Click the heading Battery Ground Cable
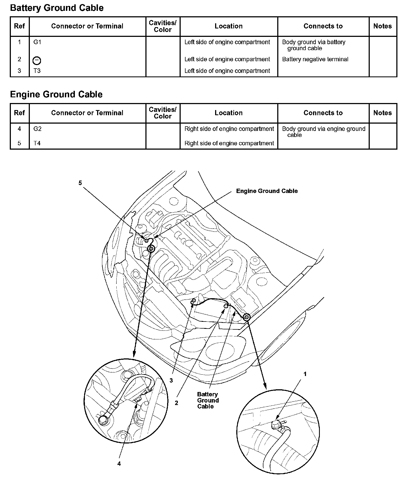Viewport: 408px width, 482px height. pyautogui.click(x=57, y=8)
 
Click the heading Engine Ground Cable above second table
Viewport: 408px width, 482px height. pyautogui.click(x=56, y=94)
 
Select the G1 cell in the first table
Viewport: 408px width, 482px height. pyautogui.click(x=37, y=42)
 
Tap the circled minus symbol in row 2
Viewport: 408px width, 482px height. pyautogui.click(x=37, y=60)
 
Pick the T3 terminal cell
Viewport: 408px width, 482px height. pyautogui.click(x=37, y=71)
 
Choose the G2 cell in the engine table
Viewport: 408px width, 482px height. pyautogui.click(x=37, y=129)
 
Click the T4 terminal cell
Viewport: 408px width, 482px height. pyautogui.click(x=37, y=143)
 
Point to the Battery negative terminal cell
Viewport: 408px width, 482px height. pyautogui.click(x=315, y=59)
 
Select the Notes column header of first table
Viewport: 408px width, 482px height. pyautogui.click(x=382, y=26)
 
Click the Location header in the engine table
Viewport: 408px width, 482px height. pyautogui.click(x=229, y=113)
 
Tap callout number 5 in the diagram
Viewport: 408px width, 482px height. pyautogui.click(x=80, y=183)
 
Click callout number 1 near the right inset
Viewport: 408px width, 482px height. pyautogui.click(x=305, y=374)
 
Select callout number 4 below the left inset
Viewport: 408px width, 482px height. pyautogui.click(x=119, y=464)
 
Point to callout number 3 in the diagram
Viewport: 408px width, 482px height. pyautogui.click(x=171, y=381)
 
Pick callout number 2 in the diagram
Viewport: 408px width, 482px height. pyautogui.click(x=176, y=403)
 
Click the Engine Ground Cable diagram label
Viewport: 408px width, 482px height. pyautogui.click(x=267, y=191)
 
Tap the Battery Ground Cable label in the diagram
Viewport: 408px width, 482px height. pyautogui.click(x=208, y=400)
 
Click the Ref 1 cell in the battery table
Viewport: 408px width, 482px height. pyautogui.click(x=19, y=42)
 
